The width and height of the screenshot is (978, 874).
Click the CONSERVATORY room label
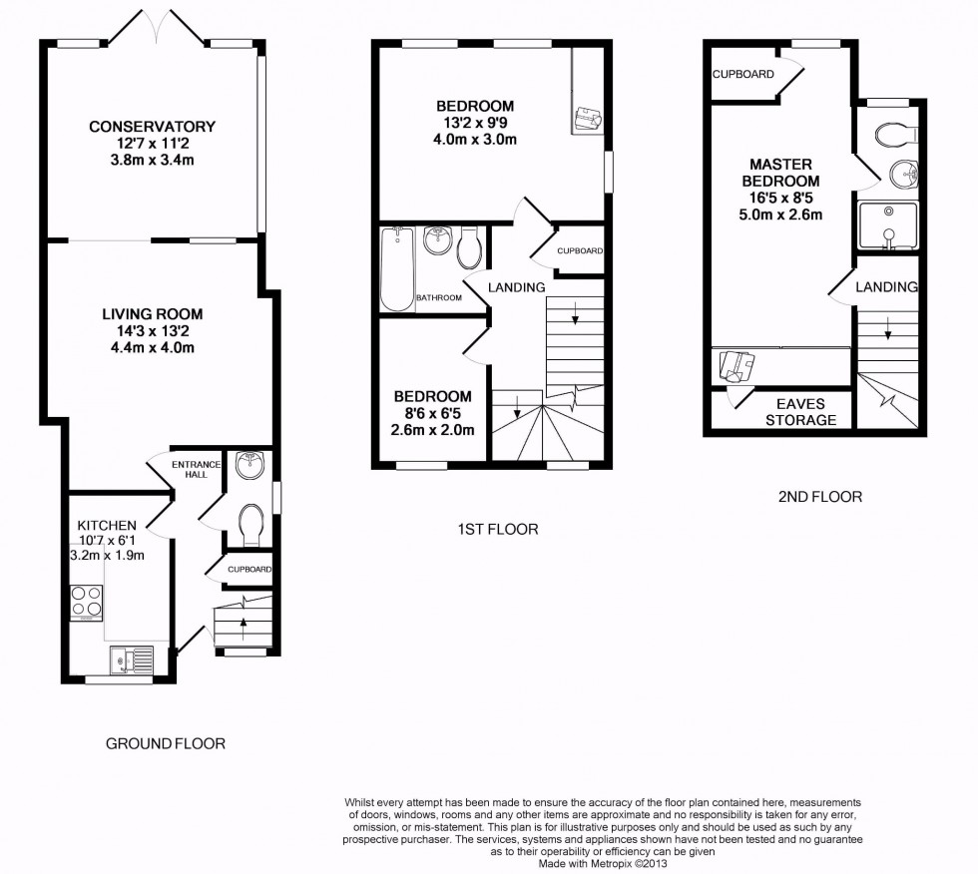point(152,127)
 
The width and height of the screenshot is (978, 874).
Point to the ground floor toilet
point(250,521)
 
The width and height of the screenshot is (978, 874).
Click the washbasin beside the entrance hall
point(246,465)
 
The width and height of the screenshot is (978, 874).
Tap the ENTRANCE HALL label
point(190,469)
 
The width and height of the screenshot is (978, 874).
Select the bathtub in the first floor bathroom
point(396,268)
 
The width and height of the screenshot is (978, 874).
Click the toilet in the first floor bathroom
point(470,246)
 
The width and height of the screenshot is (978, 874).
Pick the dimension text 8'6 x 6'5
point(432,413)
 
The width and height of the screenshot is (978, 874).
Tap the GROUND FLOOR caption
point(166,743)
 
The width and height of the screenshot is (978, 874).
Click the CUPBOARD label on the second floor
point(743,74)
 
